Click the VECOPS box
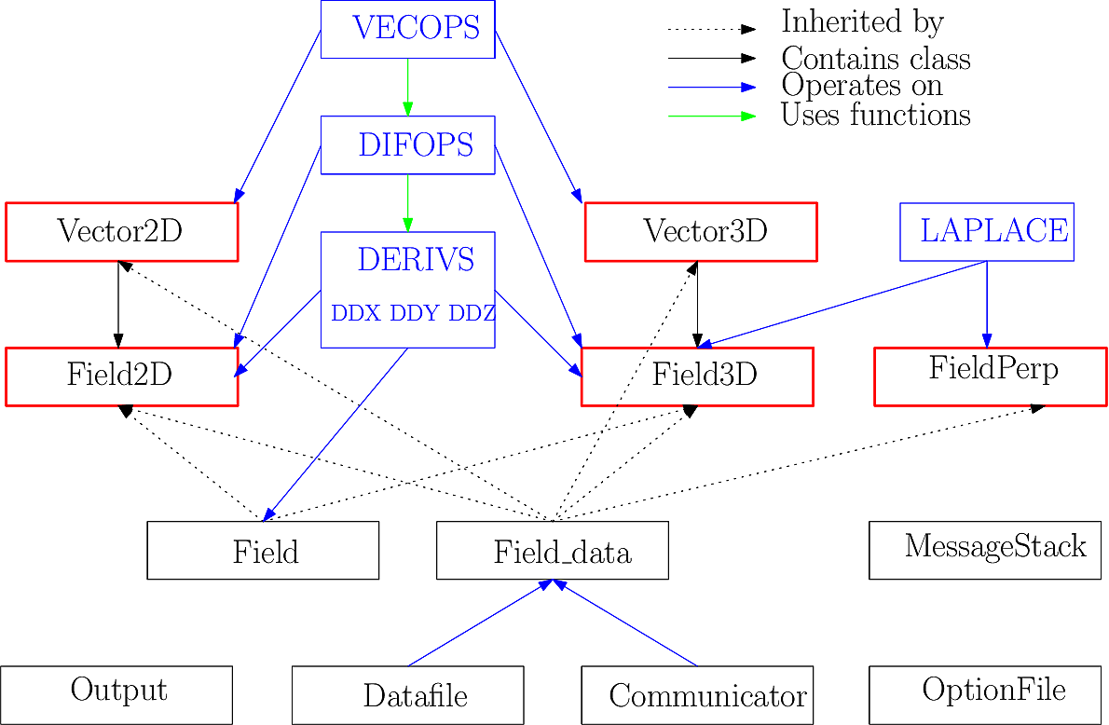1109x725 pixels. [407, 29]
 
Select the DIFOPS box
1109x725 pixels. [407, 144]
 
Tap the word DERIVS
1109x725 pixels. [416, 260]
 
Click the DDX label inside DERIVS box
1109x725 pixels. [356, 313]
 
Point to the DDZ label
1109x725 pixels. [472, 313]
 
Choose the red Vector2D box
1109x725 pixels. [121, 231]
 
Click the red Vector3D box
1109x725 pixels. [700, 231]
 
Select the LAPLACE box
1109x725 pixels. [987, 231]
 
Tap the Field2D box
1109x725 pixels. [121, 376]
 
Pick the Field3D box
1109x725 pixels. [697, 376]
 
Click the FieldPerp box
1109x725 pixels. [991, 376]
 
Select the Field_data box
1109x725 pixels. [553, 550]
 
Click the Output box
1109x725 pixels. [116, 694]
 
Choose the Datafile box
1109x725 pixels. [407, 694]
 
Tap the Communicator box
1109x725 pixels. [697, 694]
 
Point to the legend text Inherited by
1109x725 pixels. [862, 22]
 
